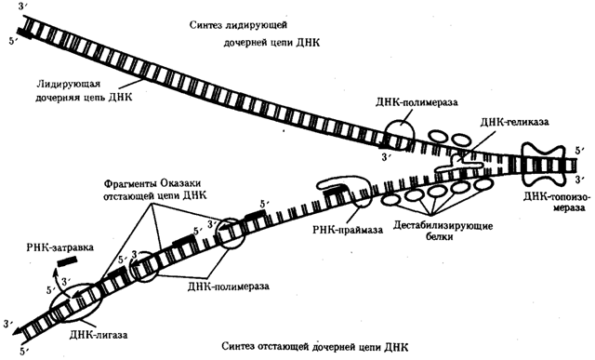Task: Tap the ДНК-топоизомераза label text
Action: (x=556, y=203)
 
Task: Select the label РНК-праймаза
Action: (x=348, y=231)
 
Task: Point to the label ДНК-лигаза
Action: (x=99, y=335)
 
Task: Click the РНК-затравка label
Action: (x=60, y=247)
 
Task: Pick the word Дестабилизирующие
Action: (x=443, y=226)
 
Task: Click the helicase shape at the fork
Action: (x=459, y=165)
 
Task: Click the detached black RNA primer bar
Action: (x=67, y=262)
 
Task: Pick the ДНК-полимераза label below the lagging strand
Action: (x=228, y=286)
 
